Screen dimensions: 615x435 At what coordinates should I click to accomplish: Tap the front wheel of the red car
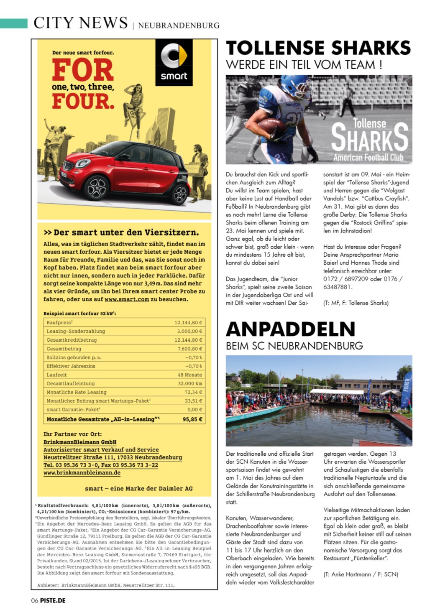(x=97, y=188)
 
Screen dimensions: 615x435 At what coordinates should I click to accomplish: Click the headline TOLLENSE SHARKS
(x=318, y=48)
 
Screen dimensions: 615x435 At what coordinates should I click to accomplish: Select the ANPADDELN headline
(x=291, y=329)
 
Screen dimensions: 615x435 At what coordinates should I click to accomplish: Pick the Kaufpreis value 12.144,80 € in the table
(x=188, y=323)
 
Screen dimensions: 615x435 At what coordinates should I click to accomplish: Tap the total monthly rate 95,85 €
(x=192, y=419)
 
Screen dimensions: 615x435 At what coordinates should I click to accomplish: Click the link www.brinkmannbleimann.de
(x=82, y=473)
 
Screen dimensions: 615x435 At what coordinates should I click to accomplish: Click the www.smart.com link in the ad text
(x=127, y=299)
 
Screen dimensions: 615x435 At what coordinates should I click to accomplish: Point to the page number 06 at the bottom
(x=35, y=600)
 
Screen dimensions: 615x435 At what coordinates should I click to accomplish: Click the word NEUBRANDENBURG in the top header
(x=179, y=26)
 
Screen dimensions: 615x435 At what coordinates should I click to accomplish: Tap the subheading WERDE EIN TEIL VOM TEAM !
(x=304, y=65)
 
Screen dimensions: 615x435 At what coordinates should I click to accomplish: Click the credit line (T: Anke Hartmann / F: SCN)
(x=361, y=574)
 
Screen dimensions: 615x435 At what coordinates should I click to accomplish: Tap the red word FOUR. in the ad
(x=83, y=101)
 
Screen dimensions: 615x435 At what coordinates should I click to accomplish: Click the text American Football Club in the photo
(x=368, y=158)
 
